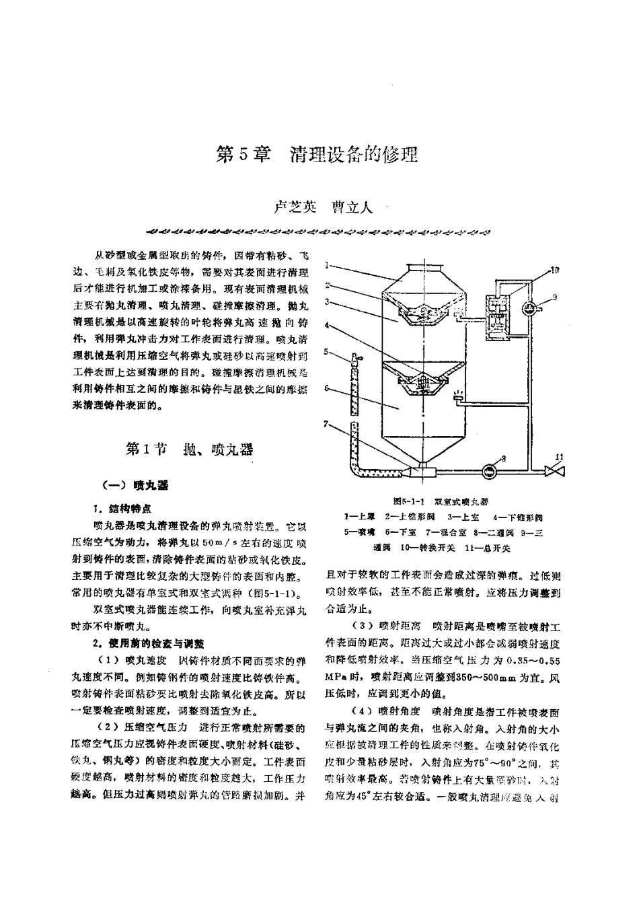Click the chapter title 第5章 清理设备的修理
coord(316,155)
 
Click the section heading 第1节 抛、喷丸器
coord(190,449)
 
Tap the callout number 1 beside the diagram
coord(326,265)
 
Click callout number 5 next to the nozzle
coord(326,351)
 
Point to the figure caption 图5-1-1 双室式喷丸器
coord(441,501)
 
